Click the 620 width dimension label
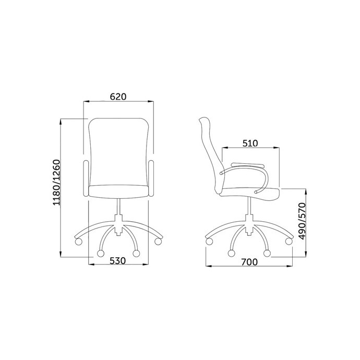coord(118,97)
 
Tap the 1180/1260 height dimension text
coord(56,182)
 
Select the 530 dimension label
coord(118,260)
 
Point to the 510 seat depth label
coord(250,143)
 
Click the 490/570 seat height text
coord(303,221)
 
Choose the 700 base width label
coord(249,262)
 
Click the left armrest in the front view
coord(86,178)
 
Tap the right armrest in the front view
coord(151,178)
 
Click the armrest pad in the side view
coord(247,165)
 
